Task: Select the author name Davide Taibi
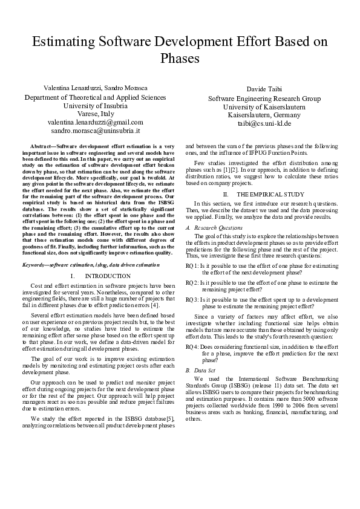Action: [x=264, y=89]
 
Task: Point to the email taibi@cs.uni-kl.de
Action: [x=264, y=123]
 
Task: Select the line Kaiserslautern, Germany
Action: [x=264, y=115]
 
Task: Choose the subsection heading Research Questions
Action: [x=215, y=227]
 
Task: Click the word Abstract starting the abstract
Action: [x=41, y=147]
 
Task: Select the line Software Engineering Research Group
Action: [x=264, y=99]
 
